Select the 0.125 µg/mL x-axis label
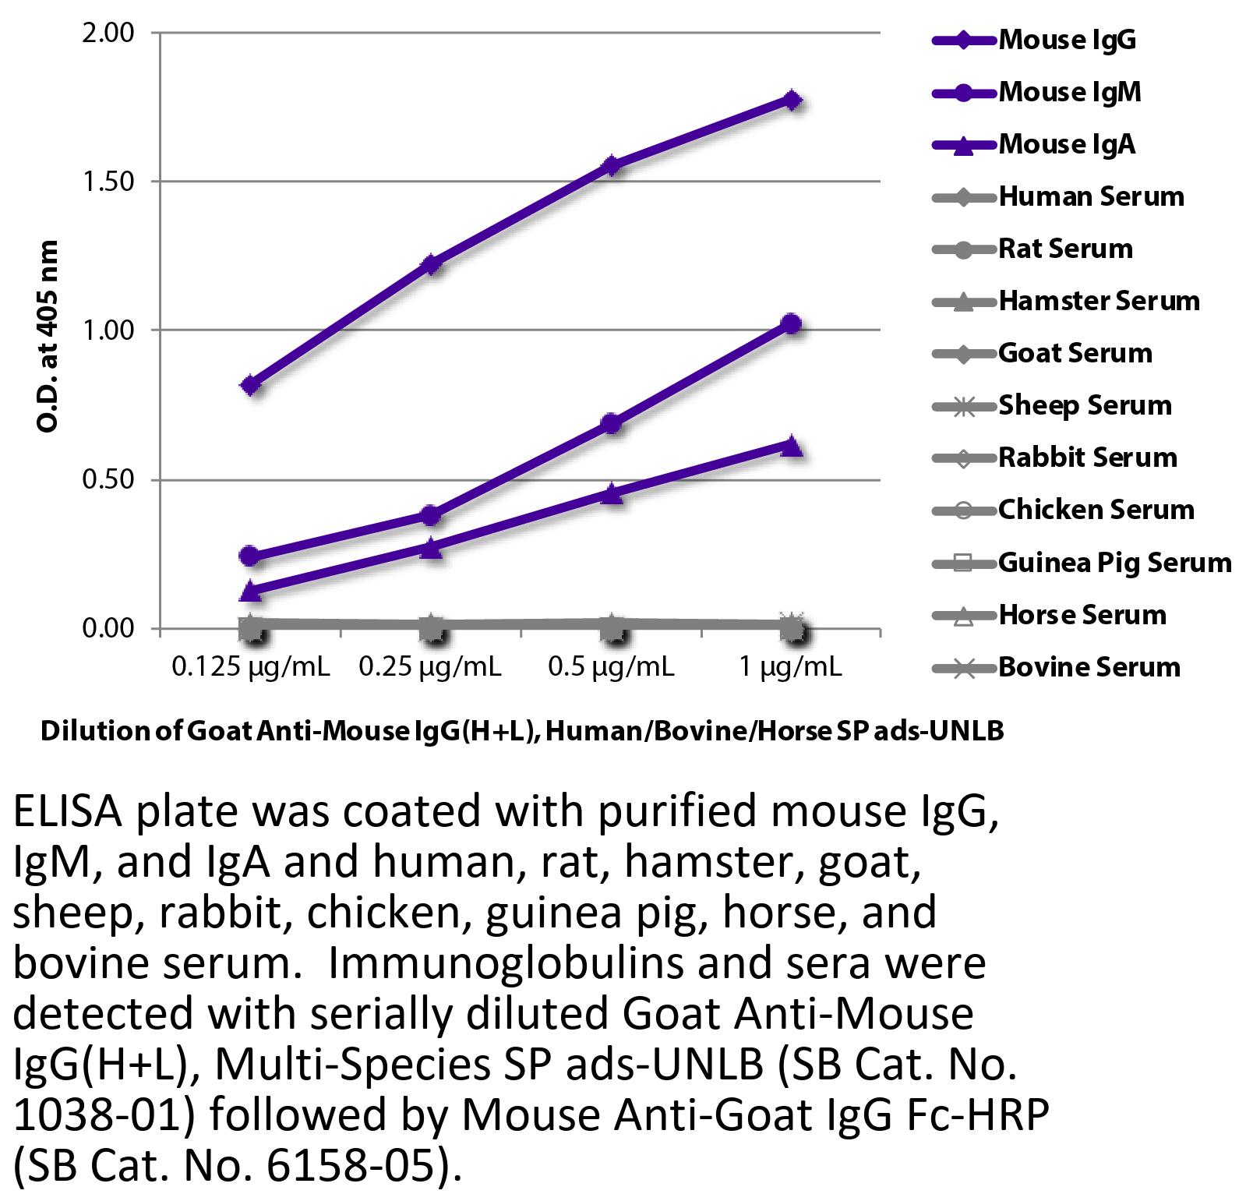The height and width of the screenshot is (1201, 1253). [x=251, y=667]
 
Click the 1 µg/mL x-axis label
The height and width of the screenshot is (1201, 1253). [x=791, y=667]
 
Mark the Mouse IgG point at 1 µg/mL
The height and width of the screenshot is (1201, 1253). [x=792, y=101]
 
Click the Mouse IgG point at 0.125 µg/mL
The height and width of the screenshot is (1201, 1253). [x=251, y=385]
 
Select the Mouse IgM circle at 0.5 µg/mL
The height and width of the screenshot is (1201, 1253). [x=612, y=424]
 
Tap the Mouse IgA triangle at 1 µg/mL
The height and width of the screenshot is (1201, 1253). [x=792, y=447]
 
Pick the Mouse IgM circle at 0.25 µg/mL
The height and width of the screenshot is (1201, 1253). [x=431, y=515]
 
